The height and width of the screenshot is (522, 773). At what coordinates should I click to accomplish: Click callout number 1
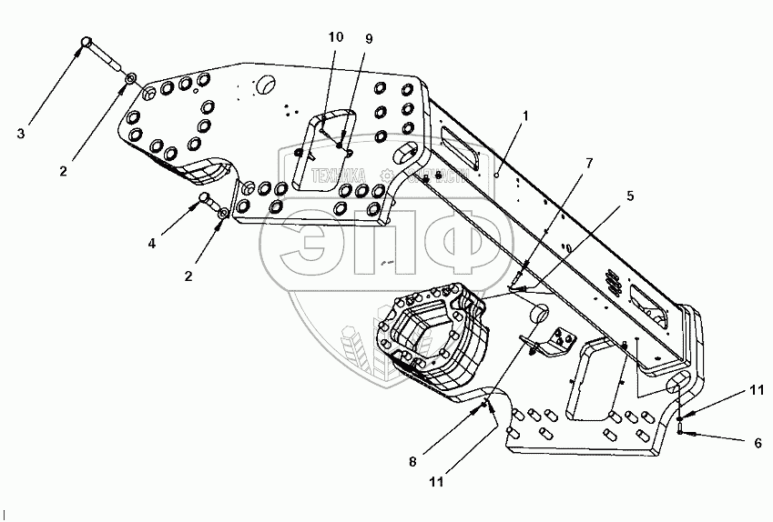525,116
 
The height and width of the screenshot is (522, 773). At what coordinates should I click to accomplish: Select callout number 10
336,36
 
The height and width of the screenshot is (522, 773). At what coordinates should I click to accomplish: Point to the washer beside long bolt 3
132,80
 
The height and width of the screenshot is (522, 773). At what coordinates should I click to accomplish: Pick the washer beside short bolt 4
223,214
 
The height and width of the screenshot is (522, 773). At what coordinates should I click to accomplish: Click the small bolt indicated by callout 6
682,426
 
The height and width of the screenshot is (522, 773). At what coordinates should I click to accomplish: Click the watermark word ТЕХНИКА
338,178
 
